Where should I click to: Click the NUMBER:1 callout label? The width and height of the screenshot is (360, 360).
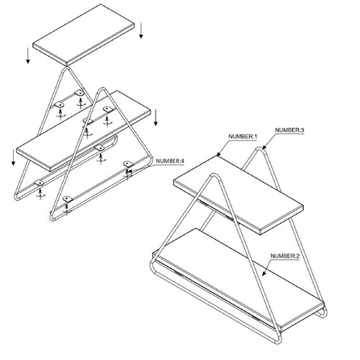247,136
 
